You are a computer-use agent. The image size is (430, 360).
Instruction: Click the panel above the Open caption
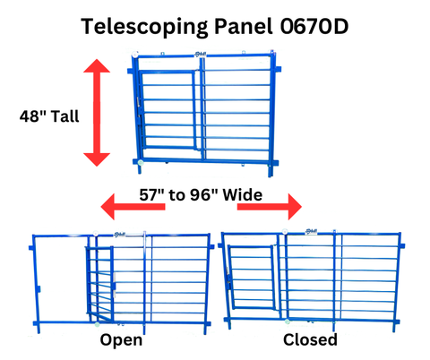tap(121, 279)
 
